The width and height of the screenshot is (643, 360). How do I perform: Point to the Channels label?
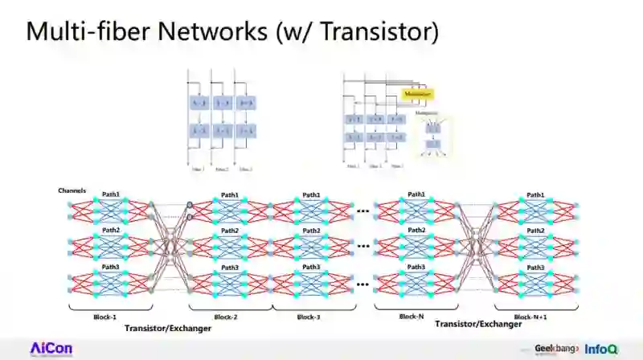point(72,190)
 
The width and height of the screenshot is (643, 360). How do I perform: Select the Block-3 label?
point(309,317)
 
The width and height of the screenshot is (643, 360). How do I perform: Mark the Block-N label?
point(413,317)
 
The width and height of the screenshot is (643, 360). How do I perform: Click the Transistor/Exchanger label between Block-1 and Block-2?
point(165,329)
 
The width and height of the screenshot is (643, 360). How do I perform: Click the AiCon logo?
point(51,349)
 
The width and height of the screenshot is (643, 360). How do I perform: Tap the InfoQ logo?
point(601,350)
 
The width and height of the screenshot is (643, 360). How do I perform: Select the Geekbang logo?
point(556,350)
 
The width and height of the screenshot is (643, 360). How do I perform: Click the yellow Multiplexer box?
point(418,93)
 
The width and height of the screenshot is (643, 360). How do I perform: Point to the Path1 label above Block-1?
point(111,194)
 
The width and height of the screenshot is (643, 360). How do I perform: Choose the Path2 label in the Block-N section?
point(416,230)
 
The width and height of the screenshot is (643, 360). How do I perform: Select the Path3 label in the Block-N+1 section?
point(535,267)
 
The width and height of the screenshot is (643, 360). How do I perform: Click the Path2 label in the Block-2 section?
point(230,231)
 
